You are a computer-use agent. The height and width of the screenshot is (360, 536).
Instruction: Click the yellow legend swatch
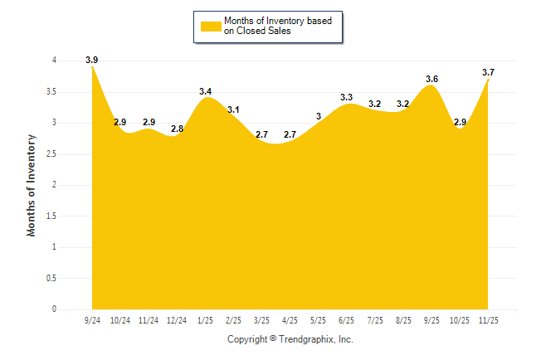(211, 26)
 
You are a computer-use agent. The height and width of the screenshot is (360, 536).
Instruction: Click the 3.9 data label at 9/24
(92, 60)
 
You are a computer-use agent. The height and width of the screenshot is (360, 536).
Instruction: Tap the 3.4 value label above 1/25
(206, 90)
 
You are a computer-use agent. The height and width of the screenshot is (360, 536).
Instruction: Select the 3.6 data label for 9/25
(431, 79)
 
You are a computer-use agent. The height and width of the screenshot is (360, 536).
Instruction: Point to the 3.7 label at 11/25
(489, 72)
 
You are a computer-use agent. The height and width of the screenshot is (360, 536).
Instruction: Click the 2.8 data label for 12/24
(177, 129)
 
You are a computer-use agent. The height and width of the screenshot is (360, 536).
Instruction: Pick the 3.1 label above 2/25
(234, 109)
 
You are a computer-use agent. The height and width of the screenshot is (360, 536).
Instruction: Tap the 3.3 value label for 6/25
(347, 97)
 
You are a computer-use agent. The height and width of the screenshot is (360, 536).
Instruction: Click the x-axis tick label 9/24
(92, 320)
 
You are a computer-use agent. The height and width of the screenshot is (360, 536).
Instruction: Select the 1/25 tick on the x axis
(205, 320)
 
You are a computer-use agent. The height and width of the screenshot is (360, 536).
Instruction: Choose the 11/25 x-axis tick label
(489, 320)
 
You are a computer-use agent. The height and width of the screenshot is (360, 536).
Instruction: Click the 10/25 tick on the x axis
(460, 320)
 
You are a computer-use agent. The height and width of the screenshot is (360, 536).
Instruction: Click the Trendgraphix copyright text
(290, 339)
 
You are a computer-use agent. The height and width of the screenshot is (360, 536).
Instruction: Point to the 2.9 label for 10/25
(460, 122)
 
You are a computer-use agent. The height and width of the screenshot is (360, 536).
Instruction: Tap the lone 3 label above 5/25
(319, 116)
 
